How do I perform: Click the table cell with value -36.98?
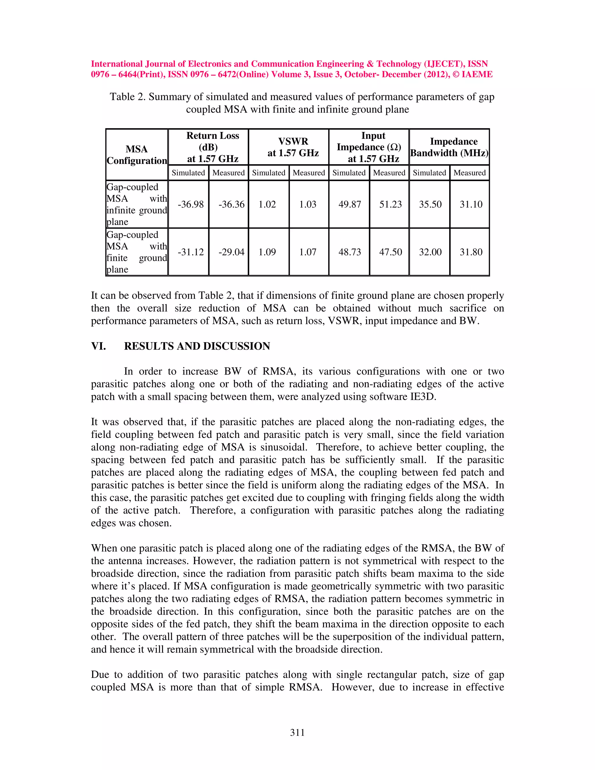190,205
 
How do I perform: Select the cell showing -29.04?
231,252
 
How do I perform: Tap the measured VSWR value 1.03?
308,205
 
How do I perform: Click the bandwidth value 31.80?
471,252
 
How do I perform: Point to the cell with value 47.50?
390,252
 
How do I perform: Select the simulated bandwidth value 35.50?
430,205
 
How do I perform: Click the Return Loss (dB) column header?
213,147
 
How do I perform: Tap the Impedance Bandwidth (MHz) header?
449,147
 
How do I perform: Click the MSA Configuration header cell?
137,155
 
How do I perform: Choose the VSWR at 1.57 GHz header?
293,147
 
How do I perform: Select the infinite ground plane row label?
137,205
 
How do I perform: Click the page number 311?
297,733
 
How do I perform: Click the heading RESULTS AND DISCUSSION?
197,346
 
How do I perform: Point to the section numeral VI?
98,346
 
